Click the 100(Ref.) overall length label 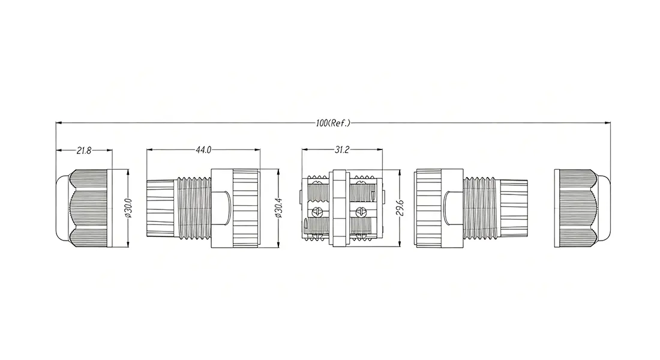click(x=333, y=124)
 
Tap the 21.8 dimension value click(x=84, y=151)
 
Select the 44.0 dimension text click(x=203, y=150)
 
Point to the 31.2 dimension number click(x=342, y=150)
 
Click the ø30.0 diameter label click(x=129, y=208)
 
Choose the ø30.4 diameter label click(x=278, y=208)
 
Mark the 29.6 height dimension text click(x=400, y=208)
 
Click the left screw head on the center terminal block click(x=317, y=212)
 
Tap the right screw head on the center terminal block click(x=361, y=212)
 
